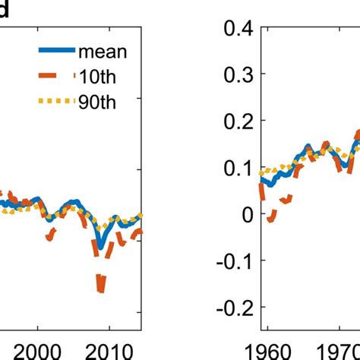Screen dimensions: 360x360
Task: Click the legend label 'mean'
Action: (x=103, y=52)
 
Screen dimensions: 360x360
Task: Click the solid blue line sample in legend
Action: (x=57, y=52)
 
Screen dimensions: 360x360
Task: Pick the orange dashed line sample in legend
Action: (x=57, y=76)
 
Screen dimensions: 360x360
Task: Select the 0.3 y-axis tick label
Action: (x=232, y=77)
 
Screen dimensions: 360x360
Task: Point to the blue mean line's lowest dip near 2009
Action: (x=99, y=246)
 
